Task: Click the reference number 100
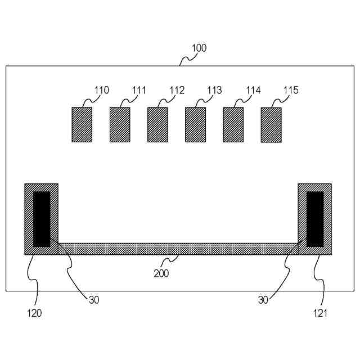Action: pos(199,48)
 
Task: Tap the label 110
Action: pos(102,90)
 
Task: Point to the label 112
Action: pos(177,90)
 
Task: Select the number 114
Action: pos(253,90)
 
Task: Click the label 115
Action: pos(291,90)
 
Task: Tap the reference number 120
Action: pos(34,313)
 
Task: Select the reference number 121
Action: pos(320,313)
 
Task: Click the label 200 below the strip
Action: pos(161,274)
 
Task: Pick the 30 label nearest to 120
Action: pos(94,299)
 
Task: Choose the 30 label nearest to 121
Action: pos(263,300)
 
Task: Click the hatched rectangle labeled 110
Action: pos(82,124)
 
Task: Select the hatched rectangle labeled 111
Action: pos(120,124)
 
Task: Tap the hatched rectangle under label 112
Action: pos(157,124)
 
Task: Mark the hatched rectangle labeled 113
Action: pos(195,124)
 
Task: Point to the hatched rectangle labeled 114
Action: pos(233,124)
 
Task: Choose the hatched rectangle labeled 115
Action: pos(271,124)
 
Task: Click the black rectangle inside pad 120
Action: pos(42,219)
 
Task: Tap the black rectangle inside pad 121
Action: pos(315,219)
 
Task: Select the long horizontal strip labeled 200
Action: pos(178,249)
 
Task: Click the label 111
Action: pos(139,90)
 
